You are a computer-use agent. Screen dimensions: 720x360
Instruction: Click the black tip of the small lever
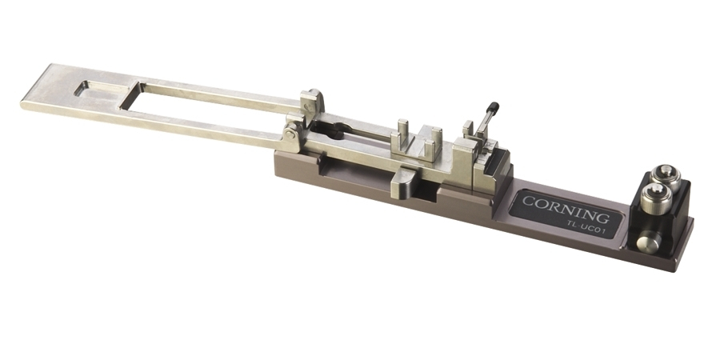[494, 107]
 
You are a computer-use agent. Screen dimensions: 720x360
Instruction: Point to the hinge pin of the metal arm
[289, 134]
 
